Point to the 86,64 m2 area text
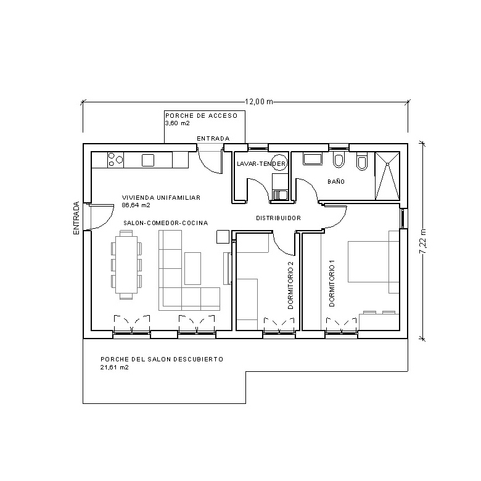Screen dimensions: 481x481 click(x=136, y=205)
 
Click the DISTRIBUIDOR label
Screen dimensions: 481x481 click(x=278, y=218)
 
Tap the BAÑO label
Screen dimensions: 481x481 click(x=336, y=182)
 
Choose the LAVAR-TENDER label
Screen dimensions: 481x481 click(x=261, y=164)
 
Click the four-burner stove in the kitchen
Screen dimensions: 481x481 click(x=115, y=160)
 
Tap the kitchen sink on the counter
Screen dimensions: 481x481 click(x=148, y=160)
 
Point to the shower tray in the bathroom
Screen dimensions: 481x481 click(x=388, y=177)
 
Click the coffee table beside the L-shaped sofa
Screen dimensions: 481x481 click(x=193, y=268)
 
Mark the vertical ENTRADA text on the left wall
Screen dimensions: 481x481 click(x=76, y=218)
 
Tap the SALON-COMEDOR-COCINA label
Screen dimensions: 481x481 click(x=165, y=223)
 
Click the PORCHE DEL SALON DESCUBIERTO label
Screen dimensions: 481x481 click(x=161, y=359)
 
